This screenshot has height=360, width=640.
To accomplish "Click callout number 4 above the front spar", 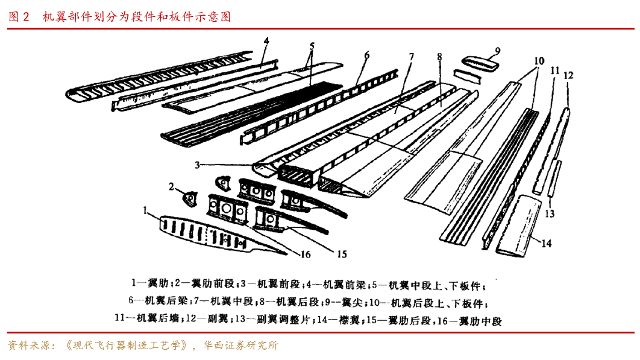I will (x=266, y=42).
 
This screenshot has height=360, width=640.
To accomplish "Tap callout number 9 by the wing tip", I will (x=498, y=50).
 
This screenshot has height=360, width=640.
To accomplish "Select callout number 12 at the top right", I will (x=568, y=75).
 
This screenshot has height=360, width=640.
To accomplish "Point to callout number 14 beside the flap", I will (x=546, y=244).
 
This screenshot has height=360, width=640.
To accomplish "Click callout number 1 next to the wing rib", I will (x=145, y=210).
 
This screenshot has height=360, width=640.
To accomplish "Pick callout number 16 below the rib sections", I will (x=306, y=254).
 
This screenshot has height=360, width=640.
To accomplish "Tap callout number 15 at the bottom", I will (x=342, y=254).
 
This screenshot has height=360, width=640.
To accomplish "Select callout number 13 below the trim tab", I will (x=550, y=213).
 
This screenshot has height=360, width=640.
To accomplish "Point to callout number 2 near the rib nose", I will (x=172, y=186).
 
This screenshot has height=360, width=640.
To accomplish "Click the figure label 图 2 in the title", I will (x=19, y=17).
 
